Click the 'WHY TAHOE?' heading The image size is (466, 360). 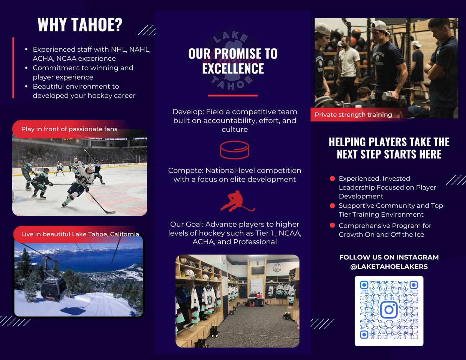(80, 25)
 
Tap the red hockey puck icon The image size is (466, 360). (234, 150)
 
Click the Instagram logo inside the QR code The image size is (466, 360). (389, 310)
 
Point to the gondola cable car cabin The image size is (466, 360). (53, 289)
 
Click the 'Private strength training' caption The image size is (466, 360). (353, 115)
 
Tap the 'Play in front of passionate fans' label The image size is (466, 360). (69, 129)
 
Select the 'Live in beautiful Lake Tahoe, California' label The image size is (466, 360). (80, 234)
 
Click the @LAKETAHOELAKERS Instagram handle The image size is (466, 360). (389, 267)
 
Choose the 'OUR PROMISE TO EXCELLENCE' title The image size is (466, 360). (233, 61)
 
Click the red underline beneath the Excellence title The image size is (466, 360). (233, 96)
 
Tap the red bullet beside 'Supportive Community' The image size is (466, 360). (332, 205)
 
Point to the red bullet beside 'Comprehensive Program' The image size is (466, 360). (332, 225)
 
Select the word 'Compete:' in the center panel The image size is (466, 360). (186, 171)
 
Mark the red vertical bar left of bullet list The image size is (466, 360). (13, 67)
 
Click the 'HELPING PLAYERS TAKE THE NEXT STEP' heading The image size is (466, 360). (389, 148)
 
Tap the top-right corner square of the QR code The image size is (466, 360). (414, 285)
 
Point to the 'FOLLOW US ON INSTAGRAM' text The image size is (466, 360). (389, 257)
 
